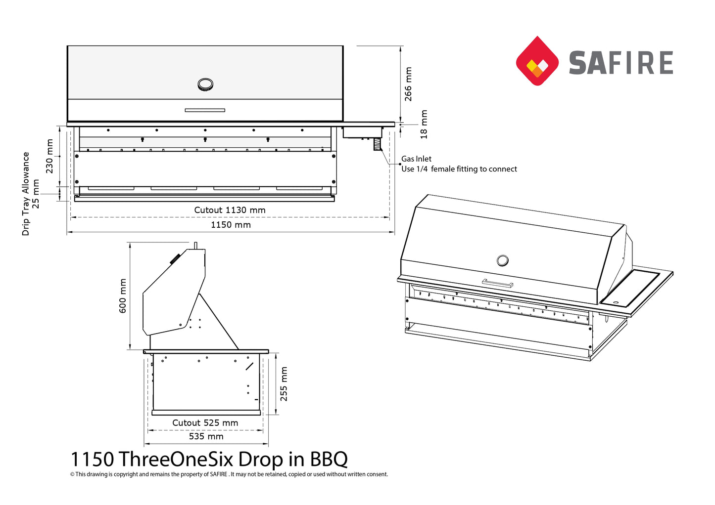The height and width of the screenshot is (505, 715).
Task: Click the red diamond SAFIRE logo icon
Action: pos(537,61)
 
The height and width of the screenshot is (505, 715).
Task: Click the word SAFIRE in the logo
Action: pos(621,63)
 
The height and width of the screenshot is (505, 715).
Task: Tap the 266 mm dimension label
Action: pos(408,84)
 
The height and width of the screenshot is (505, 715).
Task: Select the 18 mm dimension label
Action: pos(424,124)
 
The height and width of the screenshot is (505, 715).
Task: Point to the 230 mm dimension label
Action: pos(49,156)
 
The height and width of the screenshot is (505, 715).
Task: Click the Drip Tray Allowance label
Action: pos(26,193)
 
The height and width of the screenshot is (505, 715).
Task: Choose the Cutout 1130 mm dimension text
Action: pos(230,210)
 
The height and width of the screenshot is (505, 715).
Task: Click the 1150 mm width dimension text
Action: pos(231,225)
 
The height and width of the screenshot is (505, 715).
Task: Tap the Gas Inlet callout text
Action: pos(416,159)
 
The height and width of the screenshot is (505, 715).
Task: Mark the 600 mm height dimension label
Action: pos(123,295)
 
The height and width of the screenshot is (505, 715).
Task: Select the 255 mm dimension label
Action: pos(284,383)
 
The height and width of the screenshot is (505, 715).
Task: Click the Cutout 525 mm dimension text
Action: pos(205,423)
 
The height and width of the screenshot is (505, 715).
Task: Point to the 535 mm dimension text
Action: pos(206,436)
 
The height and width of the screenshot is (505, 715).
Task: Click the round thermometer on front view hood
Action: pos(205,84)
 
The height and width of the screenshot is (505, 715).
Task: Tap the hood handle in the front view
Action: pos(205,110)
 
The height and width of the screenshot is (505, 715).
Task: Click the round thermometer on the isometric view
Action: pos(502,260)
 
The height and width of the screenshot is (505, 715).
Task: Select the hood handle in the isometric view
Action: pos(497,283)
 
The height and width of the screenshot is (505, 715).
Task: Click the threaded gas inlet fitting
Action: pos(377,144)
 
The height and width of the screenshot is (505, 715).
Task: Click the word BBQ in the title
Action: pos(329,459)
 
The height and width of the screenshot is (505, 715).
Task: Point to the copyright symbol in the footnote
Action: pos(72,474)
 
